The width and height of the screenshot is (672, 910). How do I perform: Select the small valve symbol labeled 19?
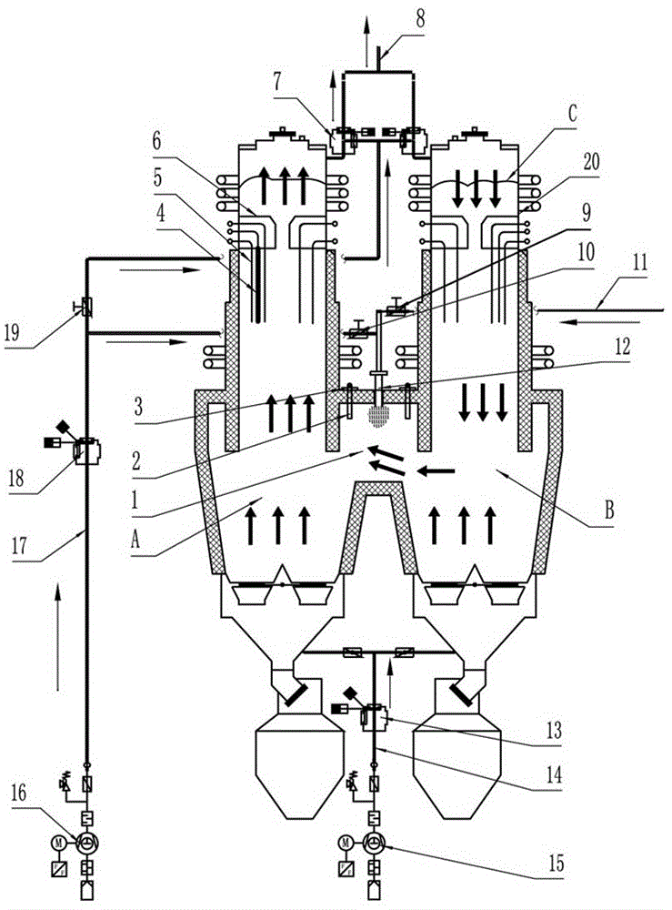(88, 303)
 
